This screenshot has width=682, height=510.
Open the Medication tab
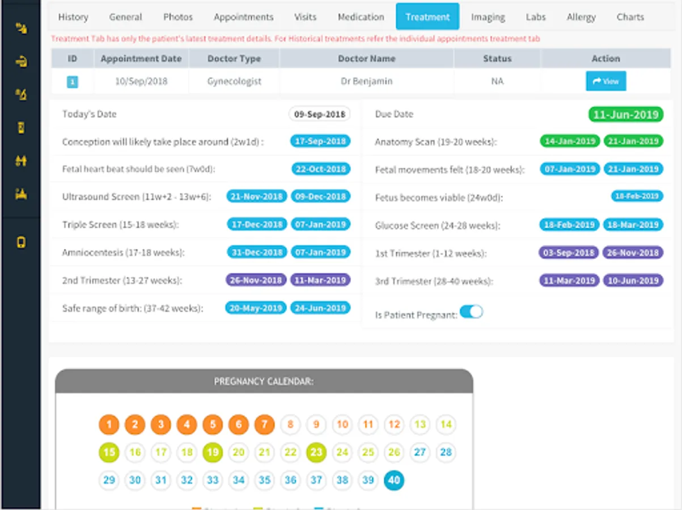pos(361,17)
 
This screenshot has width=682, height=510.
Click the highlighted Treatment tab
pos(427,17)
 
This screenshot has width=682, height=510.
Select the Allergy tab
pos(581,17)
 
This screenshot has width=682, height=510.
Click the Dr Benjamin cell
pos(366,81)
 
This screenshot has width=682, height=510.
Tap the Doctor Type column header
pos(234,58)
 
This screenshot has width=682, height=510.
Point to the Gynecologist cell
pos(234,81)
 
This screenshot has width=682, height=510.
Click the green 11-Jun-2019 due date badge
pos(625,114)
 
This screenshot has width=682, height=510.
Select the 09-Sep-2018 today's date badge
pos(319,114)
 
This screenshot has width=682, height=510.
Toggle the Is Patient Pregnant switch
pos(471,312)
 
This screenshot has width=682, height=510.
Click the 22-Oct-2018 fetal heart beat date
pos(321,169)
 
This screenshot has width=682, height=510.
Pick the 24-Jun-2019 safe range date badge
pos(320,308)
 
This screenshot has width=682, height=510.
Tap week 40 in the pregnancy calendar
pos(393,481)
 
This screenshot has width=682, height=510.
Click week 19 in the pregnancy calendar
pos(213,452)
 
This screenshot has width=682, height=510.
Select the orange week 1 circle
pos(109,424)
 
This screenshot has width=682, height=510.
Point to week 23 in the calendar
pos(316,452)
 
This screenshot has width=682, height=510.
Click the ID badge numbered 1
pos(73,82)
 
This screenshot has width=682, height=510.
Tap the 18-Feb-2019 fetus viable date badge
pos(637,197)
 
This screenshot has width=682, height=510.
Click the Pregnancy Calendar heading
pos(264,381)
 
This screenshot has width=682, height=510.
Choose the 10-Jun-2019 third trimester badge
pos(633,281)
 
